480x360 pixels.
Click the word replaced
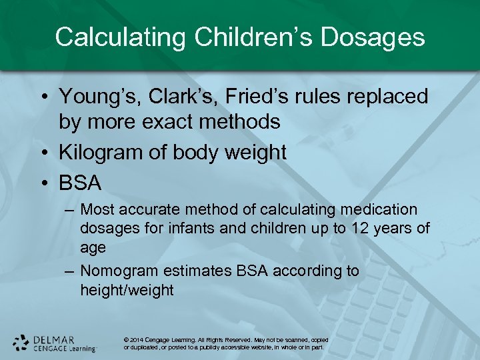click(x=383, y=97)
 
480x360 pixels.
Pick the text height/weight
click(x=127, y=290)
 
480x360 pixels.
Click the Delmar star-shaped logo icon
click(x=21, y=343)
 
